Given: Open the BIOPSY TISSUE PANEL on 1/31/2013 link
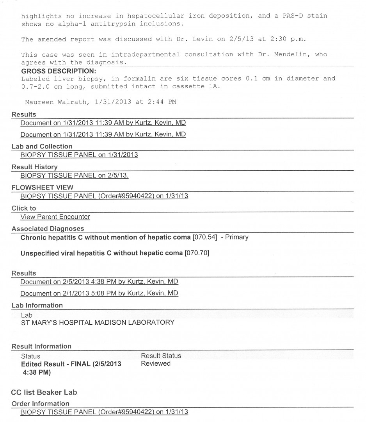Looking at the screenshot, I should point(79,154).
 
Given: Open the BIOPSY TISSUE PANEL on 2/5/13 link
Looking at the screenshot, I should point(74,175).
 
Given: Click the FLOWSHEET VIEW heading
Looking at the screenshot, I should point(42,188).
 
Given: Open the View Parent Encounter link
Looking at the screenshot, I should point(55,216).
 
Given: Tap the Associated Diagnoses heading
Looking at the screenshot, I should point(48,229).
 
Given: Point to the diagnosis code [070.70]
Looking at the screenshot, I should point(197,253).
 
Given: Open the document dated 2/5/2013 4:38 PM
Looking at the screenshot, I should point(99,282).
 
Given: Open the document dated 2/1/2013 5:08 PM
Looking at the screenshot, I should point(99,293).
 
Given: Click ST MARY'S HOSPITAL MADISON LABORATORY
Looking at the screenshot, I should point(98,323).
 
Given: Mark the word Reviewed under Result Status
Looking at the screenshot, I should point(156,363).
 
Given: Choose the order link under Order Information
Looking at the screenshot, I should point(104,412).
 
